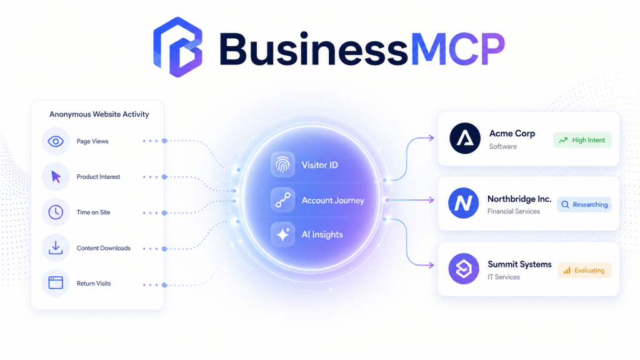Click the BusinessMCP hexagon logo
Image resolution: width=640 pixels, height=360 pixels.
click(177, 47)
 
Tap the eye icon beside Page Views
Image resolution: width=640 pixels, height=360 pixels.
click(56, 141)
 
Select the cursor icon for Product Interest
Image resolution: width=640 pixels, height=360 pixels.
click(56, 177)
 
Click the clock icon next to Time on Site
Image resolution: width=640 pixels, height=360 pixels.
click(56, 212)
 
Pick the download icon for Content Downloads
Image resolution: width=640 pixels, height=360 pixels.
click(56, 247)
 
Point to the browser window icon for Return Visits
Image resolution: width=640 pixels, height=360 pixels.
click(56, 283)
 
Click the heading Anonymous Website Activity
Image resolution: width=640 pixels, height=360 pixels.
click(99, 114)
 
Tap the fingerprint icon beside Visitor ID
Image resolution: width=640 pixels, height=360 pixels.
click(282, 164)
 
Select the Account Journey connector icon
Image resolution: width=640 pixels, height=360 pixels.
click(282, 200)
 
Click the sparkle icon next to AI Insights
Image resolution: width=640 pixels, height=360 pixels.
click(282, 235)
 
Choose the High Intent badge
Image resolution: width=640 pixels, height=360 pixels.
click(582, 140)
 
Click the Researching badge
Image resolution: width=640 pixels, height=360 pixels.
click(584, 204)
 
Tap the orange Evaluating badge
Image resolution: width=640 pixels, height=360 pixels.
click(584, 270)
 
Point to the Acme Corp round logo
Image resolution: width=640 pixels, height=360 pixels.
click(465, 138)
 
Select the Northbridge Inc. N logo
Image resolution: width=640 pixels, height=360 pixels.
click(463, 203)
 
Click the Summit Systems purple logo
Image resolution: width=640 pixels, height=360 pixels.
click(464, 269)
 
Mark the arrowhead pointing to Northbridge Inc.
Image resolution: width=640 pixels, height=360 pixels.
click(431, 200)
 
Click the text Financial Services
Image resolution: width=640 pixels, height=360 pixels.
click(514, 211)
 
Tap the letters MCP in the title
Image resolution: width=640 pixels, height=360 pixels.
click(458, 49)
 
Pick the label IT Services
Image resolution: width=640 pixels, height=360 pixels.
click(504, 277)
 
